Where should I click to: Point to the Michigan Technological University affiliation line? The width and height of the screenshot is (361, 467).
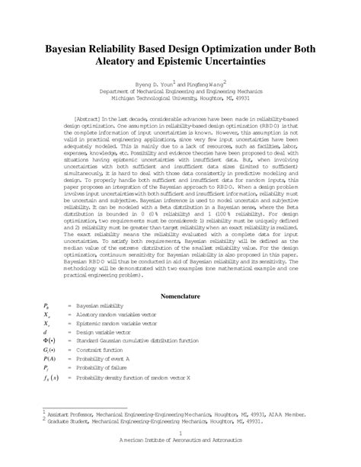[180, 98]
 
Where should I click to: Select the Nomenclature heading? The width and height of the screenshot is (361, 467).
[180, 293]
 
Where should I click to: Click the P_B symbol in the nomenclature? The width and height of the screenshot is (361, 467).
[48, 305]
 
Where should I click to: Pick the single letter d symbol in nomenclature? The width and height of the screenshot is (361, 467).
[46, 333]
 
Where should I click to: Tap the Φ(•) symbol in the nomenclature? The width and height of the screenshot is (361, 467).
[50, 342]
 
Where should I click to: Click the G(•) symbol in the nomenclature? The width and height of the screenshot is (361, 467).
[50, 352]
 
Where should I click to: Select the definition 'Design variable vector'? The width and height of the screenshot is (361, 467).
[104, 333]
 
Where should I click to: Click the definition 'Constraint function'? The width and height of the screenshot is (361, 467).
[101, 352]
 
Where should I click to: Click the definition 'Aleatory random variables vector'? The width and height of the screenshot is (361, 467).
[118, 314]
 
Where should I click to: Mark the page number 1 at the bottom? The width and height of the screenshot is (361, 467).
[180, 450]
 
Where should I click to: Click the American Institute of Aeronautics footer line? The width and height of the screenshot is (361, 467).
[180, 459]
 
